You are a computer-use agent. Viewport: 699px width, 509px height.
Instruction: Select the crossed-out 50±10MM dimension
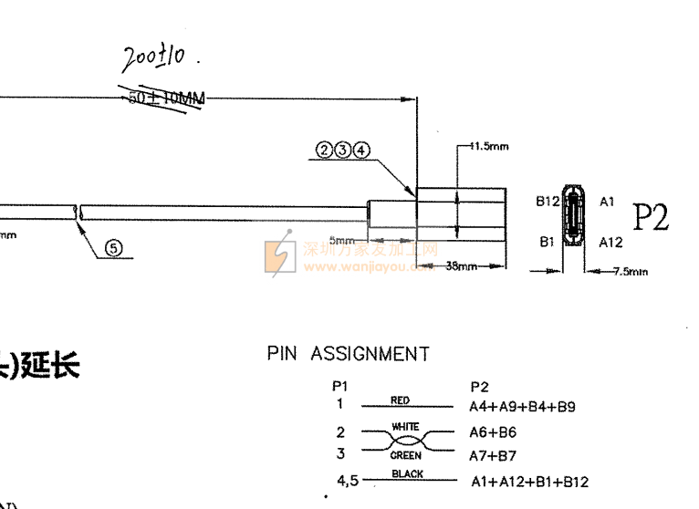[167, 98]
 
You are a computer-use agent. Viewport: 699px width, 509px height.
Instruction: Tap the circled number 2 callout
[326, 151]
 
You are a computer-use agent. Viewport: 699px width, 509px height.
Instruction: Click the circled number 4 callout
[362, 151]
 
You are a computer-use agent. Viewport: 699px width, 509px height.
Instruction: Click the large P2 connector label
[651, 216]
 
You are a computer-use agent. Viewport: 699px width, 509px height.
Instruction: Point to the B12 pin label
[547, 201]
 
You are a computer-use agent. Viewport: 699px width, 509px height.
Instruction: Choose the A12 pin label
[610, 244]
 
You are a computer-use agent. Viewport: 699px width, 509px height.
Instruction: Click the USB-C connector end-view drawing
[574, 221]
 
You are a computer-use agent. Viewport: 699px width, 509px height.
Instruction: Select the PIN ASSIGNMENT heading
[348, 354]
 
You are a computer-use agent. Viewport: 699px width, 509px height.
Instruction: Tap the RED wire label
[400, 400]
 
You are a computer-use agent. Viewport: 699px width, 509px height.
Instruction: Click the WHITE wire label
[404, 426]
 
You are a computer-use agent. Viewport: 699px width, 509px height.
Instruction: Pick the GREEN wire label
[405, 453]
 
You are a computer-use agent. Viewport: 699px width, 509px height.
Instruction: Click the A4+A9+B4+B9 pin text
[522, 407]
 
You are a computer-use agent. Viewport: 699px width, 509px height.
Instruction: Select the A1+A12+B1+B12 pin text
[529, 482]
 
